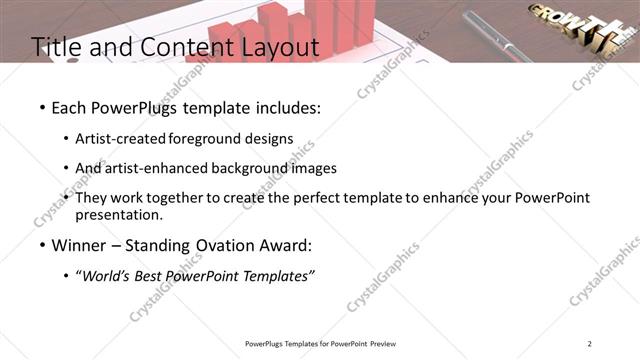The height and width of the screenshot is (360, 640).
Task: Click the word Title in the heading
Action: (x=56, y=47)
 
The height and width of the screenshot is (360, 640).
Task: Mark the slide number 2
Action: (x=590, y=344)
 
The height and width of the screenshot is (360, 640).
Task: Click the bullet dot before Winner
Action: (x=41, y=246)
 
